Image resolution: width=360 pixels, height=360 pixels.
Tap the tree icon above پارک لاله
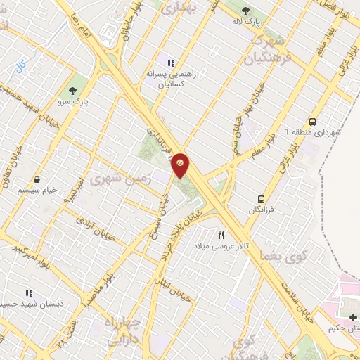click(x=245, y=10)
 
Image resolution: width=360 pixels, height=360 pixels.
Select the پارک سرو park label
click(x=72, y=102)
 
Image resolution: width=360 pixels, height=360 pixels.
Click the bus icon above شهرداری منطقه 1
click(x=313, y=120)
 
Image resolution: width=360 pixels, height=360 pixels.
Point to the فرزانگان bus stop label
click(x=261, y=210)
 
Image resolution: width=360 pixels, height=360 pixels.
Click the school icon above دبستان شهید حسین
click(x=29, y=292)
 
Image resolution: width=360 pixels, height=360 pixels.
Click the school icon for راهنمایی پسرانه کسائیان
click(x=170, y=63)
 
